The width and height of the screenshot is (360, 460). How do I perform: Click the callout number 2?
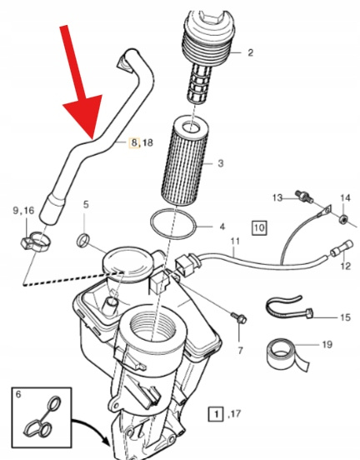point(250,52)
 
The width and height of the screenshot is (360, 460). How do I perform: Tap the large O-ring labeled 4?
point(173,224)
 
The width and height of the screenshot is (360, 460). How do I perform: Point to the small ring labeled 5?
point(83,240)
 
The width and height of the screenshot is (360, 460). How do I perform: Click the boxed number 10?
point(259,227)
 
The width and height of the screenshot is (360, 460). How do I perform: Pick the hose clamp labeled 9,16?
point(36,242)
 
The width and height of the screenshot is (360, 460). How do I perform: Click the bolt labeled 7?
point(239,318)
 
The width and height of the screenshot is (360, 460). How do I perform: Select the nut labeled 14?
point(342,219)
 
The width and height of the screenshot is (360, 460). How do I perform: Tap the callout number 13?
point(277,198)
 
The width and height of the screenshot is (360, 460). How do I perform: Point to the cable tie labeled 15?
point(289,310)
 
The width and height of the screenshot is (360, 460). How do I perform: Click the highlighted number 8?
point(134,142)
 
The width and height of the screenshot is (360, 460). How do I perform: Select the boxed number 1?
point(216,414)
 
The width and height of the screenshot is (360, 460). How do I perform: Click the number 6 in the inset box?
point(18,394)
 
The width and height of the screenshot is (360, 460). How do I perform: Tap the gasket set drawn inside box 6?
point(42,417)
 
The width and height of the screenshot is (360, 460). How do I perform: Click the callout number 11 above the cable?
point(235,242)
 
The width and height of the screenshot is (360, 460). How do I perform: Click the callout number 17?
point(235,414)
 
